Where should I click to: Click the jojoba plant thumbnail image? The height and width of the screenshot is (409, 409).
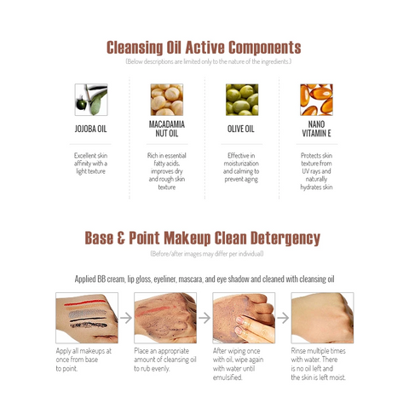pos(91,100)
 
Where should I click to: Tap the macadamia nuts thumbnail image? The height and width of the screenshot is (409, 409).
pos(167,100)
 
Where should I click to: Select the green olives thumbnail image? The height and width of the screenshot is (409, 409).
pos(242,100)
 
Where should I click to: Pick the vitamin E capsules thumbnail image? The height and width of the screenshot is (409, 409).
pos(316,100)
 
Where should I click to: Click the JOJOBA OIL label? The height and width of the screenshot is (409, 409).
pos(90,129)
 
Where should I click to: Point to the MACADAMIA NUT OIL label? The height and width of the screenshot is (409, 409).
pos(167,129)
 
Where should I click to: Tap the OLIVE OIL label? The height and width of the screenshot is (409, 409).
pos(241,129)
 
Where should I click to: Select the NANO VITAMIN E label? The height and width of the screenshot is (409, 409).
pos(316,129)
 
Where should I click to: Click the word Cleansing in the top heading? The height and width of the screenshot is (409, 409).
pos(135,48)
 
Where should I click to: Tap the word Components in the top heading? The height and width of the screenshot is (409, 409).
pos(265,48)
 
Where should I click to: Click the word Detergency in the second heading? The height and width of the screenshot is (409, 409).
pos(285,238)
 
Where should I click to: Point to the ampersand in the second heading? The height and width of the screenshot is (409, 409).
pos(121,238)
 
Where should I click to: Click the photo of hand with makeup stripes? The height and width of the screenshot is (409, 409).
pos(87,318)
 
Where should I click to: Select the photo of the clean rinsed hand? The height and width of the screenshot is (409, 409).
pos(322,318)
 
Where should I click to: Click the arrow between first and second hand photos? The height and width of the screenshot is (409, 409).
pos(126,318)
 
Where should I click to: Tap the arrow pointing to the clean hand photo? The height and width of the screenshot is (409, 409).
pos(283,318)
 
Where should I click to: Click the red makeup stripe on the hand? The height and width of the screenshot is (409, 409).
pos(84,302)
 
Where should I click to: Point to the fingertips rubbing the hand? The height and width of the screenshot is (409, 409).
pos(241,325)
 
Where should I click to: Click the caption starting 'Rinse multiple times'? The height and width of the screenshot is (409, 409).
pos(319,364)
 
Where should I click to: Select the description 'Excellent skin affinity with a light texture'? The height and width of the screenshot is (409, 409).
pos(90,164)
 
